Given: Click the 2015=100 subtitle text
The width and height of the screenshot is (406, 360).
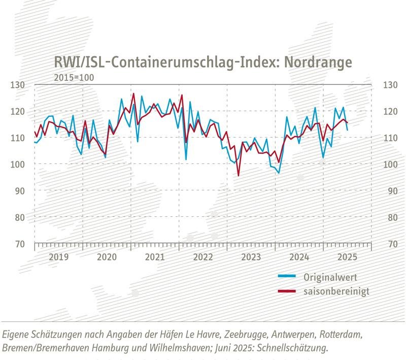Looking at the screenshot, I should click(74, 77).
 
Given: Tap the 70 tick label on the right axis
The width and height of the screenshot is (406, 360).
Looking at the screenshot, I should click(389, 244).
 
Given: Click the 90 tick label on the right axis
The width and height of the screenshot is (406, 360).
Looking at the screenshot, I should click(389, 190).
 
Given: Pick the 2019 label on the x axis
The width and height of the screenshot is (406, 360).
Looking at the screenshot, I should click(58, 256).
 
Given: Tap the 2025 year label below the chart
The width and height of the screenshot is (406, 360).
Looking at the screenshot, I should click(347, 256).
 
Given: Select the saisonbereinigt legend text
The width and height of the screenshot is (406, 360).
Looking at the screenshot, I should click(336, 291).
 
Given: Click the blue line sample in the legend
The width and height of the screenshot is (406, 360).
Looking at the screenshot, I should click(288, 277).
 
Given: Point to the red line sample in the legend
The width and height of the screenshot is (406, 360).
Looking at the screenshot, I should click(288, 291).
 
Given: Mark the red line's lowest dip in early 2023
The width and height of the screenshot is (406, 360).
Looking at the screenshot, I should click(238, 175).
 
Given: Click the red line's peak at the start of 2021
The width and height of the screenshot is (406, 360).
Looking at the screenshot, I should click(133, 94).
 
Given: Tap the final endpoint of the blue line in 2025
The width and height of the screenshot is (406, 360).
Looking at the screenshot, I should click(347, 130).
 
